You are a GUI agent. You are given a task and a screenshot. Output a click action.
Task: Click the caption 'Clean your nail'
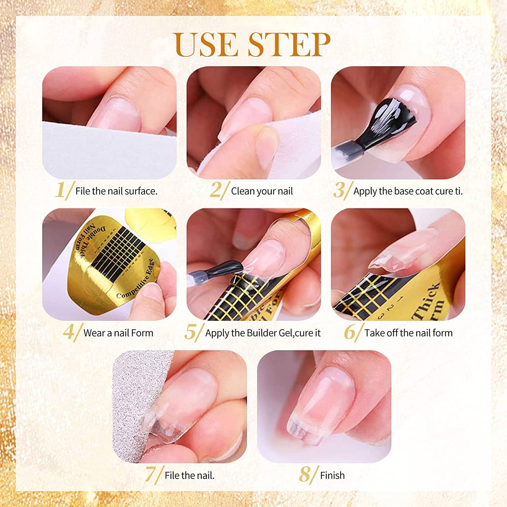pyautogui.click(x=262, y=191)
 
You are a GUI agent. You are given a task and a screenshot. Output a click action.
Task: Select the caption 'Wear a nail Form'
pyautogui.click(x=118, y=333)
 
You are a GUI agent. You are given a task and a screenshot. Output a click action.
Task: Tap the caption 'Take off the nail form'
pyautogui.click(x=408, y=333)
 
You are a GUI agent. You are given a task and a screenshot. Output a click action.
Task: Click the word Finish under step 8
pyautogui.click(x=333, y=475)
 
